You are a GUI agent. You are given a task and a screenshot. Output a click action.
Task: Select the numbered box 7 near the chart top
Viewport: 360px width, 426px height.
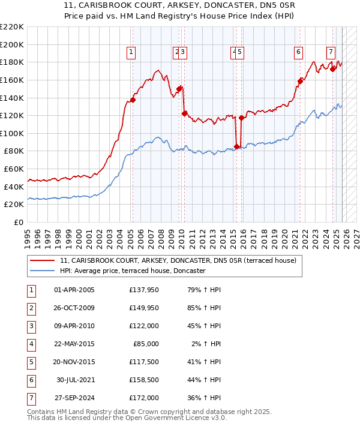331,52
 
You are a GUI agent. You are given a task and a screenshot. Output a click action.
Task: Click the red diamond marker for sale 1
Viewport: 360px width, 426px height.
133,100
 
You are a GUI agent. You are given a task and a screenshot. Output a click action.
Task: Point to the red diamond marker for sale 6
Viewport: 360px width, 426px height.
301,81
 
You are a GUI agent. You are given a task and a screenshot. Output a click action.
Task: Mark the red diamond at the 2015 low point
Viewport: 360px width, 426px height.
237,146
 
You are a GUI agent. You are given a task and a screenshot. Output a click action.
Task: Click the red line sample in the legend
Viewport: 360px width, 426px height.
42,261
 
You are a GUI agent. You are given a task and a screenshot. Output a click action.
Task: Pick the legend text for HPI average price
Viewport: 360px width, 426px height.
133,271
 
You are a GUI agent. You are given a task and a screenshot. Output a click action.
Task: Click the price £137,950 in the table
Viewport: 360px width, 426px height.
143,290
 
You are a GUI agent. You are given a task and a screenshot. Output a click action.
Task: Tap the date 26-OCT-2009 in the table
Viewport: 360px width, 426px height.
74,308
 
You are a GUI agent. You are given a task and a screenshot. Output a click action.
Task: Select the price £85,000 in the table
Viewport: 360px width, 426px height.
146,344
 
